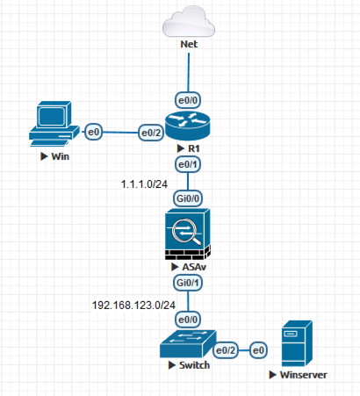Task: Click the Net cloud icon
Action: pyautogui.click(x=189, y=21)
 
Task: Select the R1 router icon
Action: pyautogui.click(x=188, y=125)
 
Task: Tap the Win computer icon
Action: pyautogui.click(x=54, y=124)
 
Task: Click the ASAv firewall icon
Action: pyautogui.click(x=188, y=234)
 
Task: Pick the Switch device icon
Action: pyautogui.click(x=188, y=344)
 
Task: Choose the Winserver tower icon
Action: pyautogui.click(x=297, y=343)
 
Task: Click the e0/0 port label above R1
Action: pyautogui.click(x=188, y=100)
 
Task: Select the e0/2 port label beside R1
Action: pyautogui.click(x=151, y=133)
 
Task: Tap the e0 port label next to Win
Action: pyautogui.click(x=93, y=132)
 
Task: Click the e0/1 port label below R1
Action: pyautogui.click(x=188, y=164)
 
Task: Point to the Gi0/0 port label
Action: pyautogui.click(x=188, y=198)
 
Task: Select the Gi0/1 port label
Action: pyautogui.click(x=188, y=283)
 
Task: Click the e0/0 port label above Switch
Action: pyautogui.click(x=188, y=320)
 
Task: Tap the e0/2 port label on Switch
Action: pyautogui.click(x=226, y=350)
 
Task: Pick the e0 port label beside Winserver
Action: pyautogui.click(x=258, y=350)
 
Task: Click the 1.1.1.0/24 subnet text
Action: pyautogui.click(x=144, y=184)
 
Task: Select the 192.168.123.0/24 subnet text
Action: pyautogui.click(x=133, y=306)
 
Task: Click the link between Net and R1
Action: pyautogui.click(x=189, y=73)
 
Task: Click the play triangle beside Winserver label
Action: pyautogui.click(x=272, y=375)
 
